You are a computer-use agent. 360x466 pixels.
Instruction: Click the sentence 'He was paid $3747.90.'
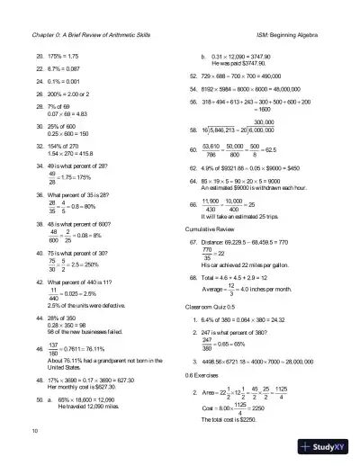click(x=242, y=65)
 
